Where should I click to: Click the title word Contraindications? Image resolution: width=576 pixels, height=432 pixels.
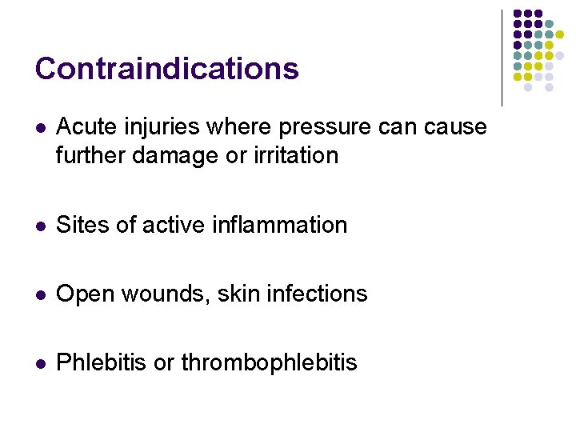pos(166,69)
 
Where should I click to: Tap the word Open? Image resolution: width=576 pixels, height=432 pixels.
pos(85,294)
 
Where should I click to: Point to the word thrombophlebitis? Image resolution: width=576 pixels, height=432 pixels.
pos(269,362)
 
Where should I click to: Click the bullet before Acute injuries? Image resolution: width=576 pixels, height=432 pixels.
pos(40,128)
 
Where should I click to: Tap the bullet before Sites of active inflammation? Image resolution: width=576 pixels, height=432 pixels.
pos(40,226)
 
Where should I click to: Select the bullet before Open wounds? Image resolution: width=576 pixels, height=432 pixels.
pos(40,294)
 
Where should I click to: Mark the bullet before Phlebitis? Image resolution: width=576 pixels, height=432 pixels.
pos(40,363)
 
